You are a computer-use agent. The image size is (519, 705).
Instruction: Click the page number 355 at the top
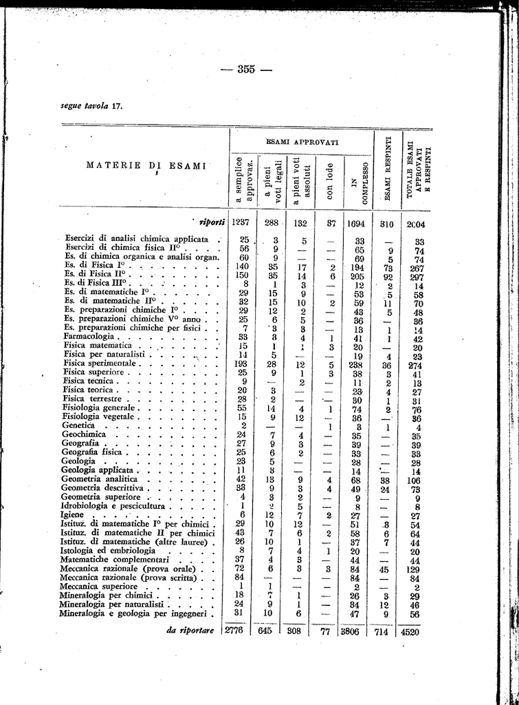click(x=245, y=68)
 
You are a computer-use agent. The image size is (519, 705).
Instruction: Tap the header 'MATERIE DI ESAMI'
click(x=146, y=165)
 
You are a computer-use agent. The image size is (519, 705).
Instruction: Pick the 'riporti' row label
click(x=212, y=222)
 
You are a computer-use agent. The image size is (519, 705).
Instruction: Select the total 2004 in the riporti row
click(x=418, y=224)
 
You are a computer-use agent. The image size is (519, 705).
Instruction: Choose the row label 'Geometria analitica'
click(x=98, y=478)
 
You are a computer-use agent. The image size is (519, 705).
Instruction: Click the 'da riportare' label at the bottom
click(x=190, y=630)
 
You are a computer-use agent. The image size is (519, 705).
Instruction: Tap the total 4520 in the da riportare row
click(x=418, y=631)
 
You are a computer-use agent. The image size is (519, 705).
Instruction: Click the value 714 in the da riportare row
click(x=388, y=631)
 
